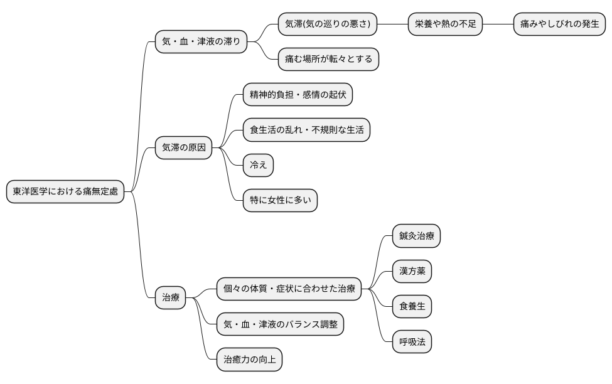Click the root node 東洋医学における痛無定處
pyautogui.click(x=65, y=192)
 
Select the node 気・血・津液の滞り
pyautogui.click(x=201, y=42)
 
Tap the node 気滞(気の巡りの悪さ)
pyautogui.click(x=328, y=24)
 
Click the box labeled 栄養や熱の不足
pyautogui.click(x=446, y=24)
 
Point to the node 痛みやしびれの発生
pyautogui.click(x=559, y=24)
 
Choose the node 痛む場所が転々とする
pyautogui.click(x=328, y=60)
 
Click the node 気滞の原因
pyautogui.click(x=183, y=148)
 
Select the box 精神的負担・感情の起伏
pyautogui.click(x=298, y=95)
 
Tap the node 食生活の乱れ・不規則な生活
pyautogui.click(x=306, y=131)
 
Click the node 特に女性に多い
pyautogui.click(x=280, y=201)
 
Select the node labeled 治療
pyautogui.click(x=171, y=297)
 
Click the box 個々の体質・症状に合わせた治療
pyautogui.click(x=289, y=289)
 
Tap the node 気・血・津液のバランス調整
pyautogui.click(x=280, y=324)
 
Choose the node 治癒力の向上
pyautogui.click(x=249, y=360)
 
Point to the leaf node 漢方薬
pyautogui.click(x=412, y=272)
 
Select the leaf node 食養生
pyautogui.click(x=412, y=307)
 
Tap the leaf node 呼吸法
pyautogui.click(x=412, y=342)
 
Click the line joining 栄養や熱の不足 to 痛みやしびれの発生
pyautogui.click(x=498, y=24)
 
